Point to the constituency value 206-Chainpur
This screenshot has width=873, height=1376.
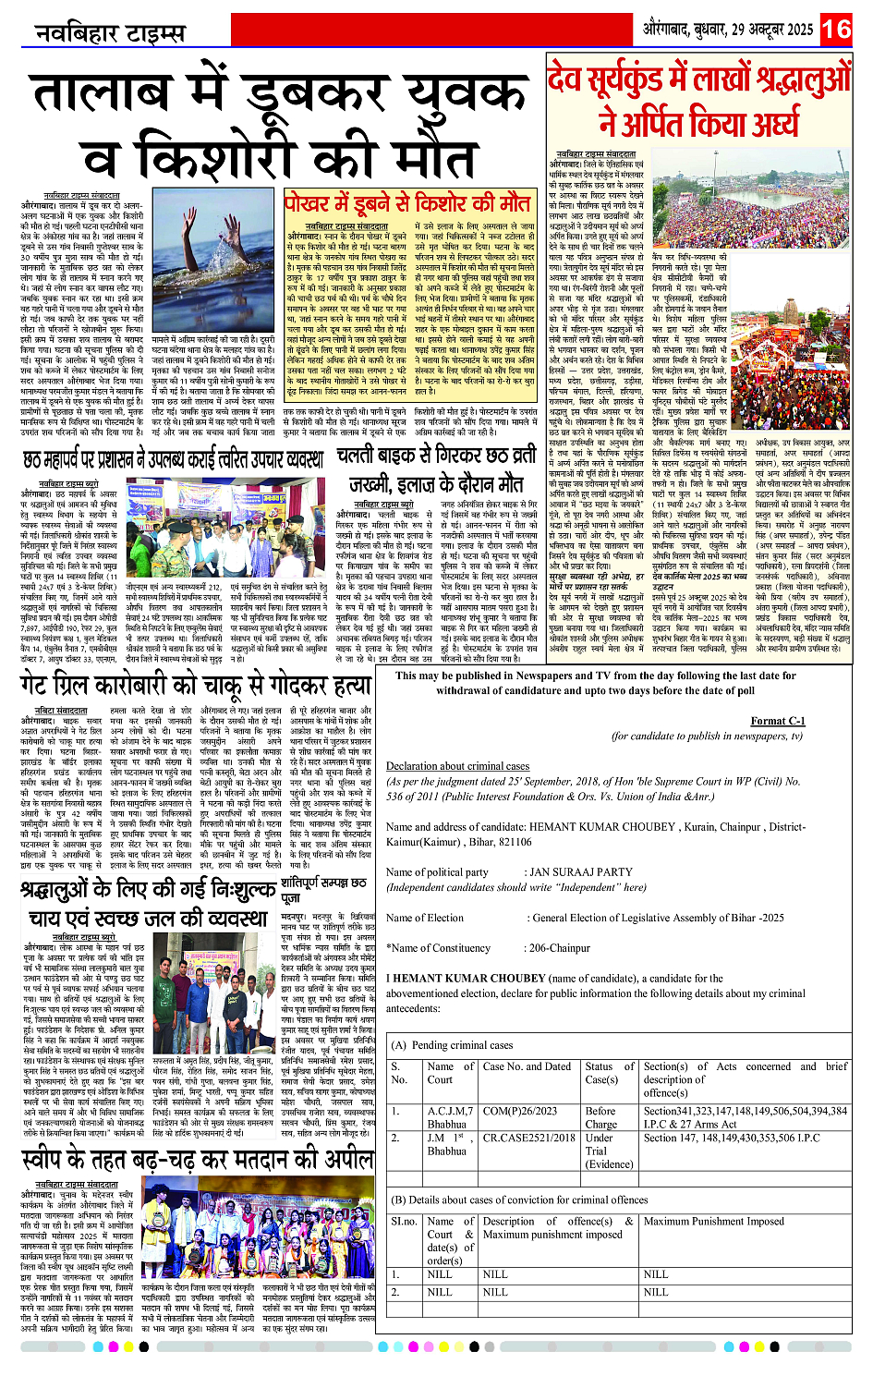(556, 947)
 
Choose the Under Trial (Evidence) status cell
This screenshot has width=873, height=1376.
(608, 1151)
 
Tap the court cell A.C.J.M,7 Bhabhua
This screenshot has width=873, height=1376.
(447, 1117)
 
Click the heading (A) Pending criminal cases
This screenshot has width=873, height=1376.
(452, 1045)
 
